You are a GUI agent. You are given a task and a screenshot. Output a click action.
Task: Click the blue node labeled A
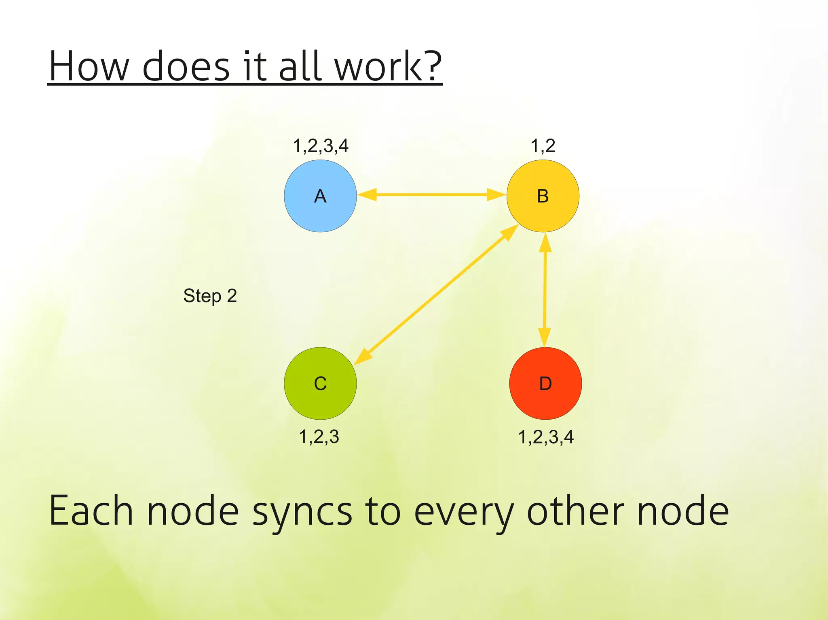pos(320,196)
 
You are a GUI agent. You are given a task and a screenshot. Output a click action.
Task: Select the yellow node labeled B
pos(543,196)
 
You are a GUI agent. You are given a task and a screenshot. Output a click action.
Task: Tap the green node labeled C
pos(320,383)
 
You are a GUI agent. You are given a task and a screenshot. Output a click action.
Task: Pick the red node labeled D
pos(545,383)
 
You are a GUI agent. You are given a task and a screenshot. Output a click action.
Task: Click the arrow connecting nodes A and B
pos(431,195)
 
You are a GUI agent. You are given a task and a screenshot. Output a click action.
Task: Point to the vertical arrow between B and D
pos(545,290)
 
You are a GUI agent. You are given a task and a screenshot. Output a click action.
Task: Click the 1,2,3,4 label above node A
pos(320,146)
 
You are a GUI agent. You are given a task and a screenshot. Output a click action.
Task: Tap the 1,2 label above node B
pos(543,146)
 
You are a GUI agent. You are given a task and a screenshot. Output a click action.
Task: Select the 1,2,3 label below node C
pos(319,437)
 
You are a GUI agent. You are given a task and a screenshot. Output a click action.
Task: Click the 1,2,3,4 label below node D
pos(546,437)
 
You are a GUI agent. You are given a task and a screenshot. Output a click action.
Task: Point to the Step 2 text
pos(210,296)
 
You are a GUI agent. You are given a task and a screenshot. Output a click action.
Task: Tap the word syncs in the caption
pos(302,512)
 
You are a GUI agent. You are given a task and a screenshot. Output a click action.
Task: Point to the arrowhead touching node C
pos(363,356)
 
